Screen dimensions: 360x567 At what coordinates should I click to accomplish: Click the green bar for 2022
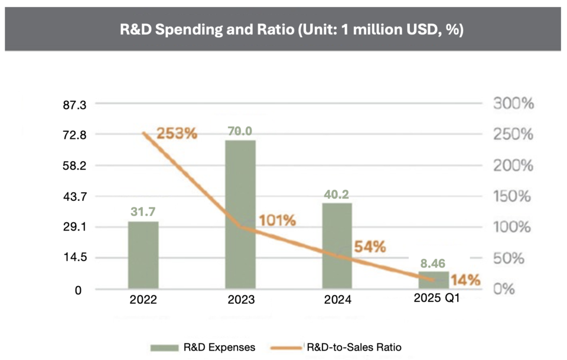[x=143, y=255]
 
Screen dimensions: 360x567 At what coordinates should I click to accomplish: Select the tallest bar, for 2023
[x=240, y=214]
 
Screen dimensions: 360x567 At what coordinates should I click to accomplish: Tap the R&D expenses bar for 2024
[x=337, y=245]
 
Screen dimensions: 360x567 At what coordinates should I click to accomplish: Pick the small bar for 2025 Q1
[x=434, y=280]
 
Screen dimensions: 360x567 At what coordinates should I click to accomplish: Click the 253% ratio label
[x=177, y=133]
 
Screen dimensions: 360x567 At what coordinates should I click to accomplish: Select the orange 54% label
[x=370, y=247]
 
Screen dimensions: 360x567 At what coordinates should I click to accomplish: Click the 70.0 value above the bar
[x=241, y=131]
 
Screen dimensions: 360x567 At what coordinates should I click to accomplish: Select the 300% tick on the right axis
[x=513, y=104]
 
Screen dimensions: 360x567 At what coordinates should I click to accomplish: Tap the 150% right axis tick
[x=513, y=196]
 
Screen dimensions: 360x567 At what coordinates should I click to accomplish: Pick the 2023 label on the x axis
[x=241, y=300]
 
